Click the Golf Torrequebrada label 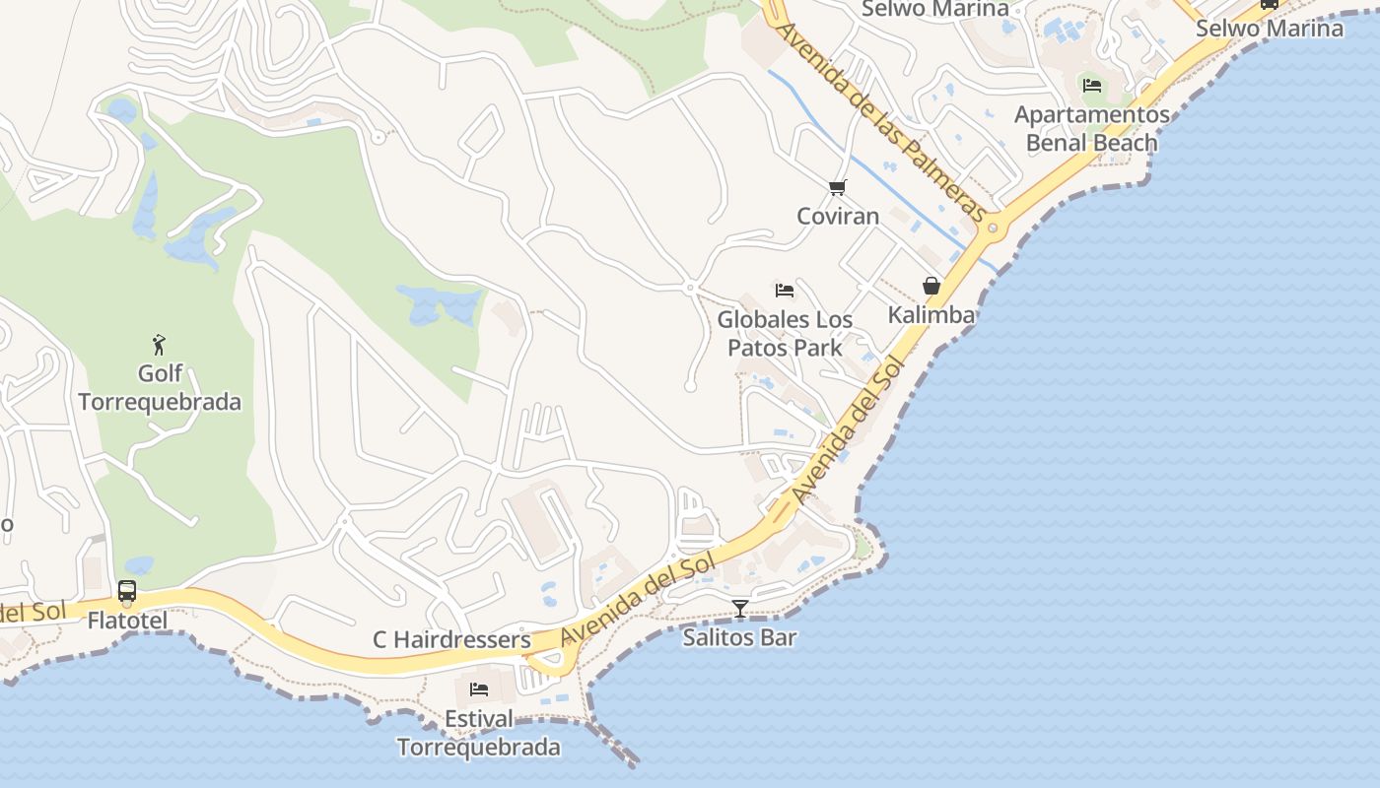(160, 388)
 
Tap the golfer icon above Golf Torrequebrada (160, 345)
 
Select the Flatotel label (127, 621)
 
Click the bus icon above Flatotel (127, 591)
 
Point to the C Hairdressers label (451, 640)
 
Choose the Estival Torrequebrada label (479, 733)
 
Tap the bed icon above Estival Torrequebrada (479, 689)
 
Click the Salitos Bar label (740, 637)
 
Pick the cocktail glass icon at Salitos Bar (740, 609)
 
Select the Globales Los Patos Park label (785, 333)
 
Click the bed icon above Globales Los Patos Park (785, 290)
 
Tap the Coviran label (838, 216)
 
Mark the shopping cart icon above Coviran (838, 187)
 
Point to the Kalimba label (931, 314)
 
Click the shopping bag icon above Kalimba (931, 286)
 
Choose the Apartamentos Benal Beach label (1092, 129)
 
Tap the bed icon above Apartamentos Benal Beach (1092, 85)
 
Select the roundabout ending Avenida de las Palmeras (993, 229)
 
